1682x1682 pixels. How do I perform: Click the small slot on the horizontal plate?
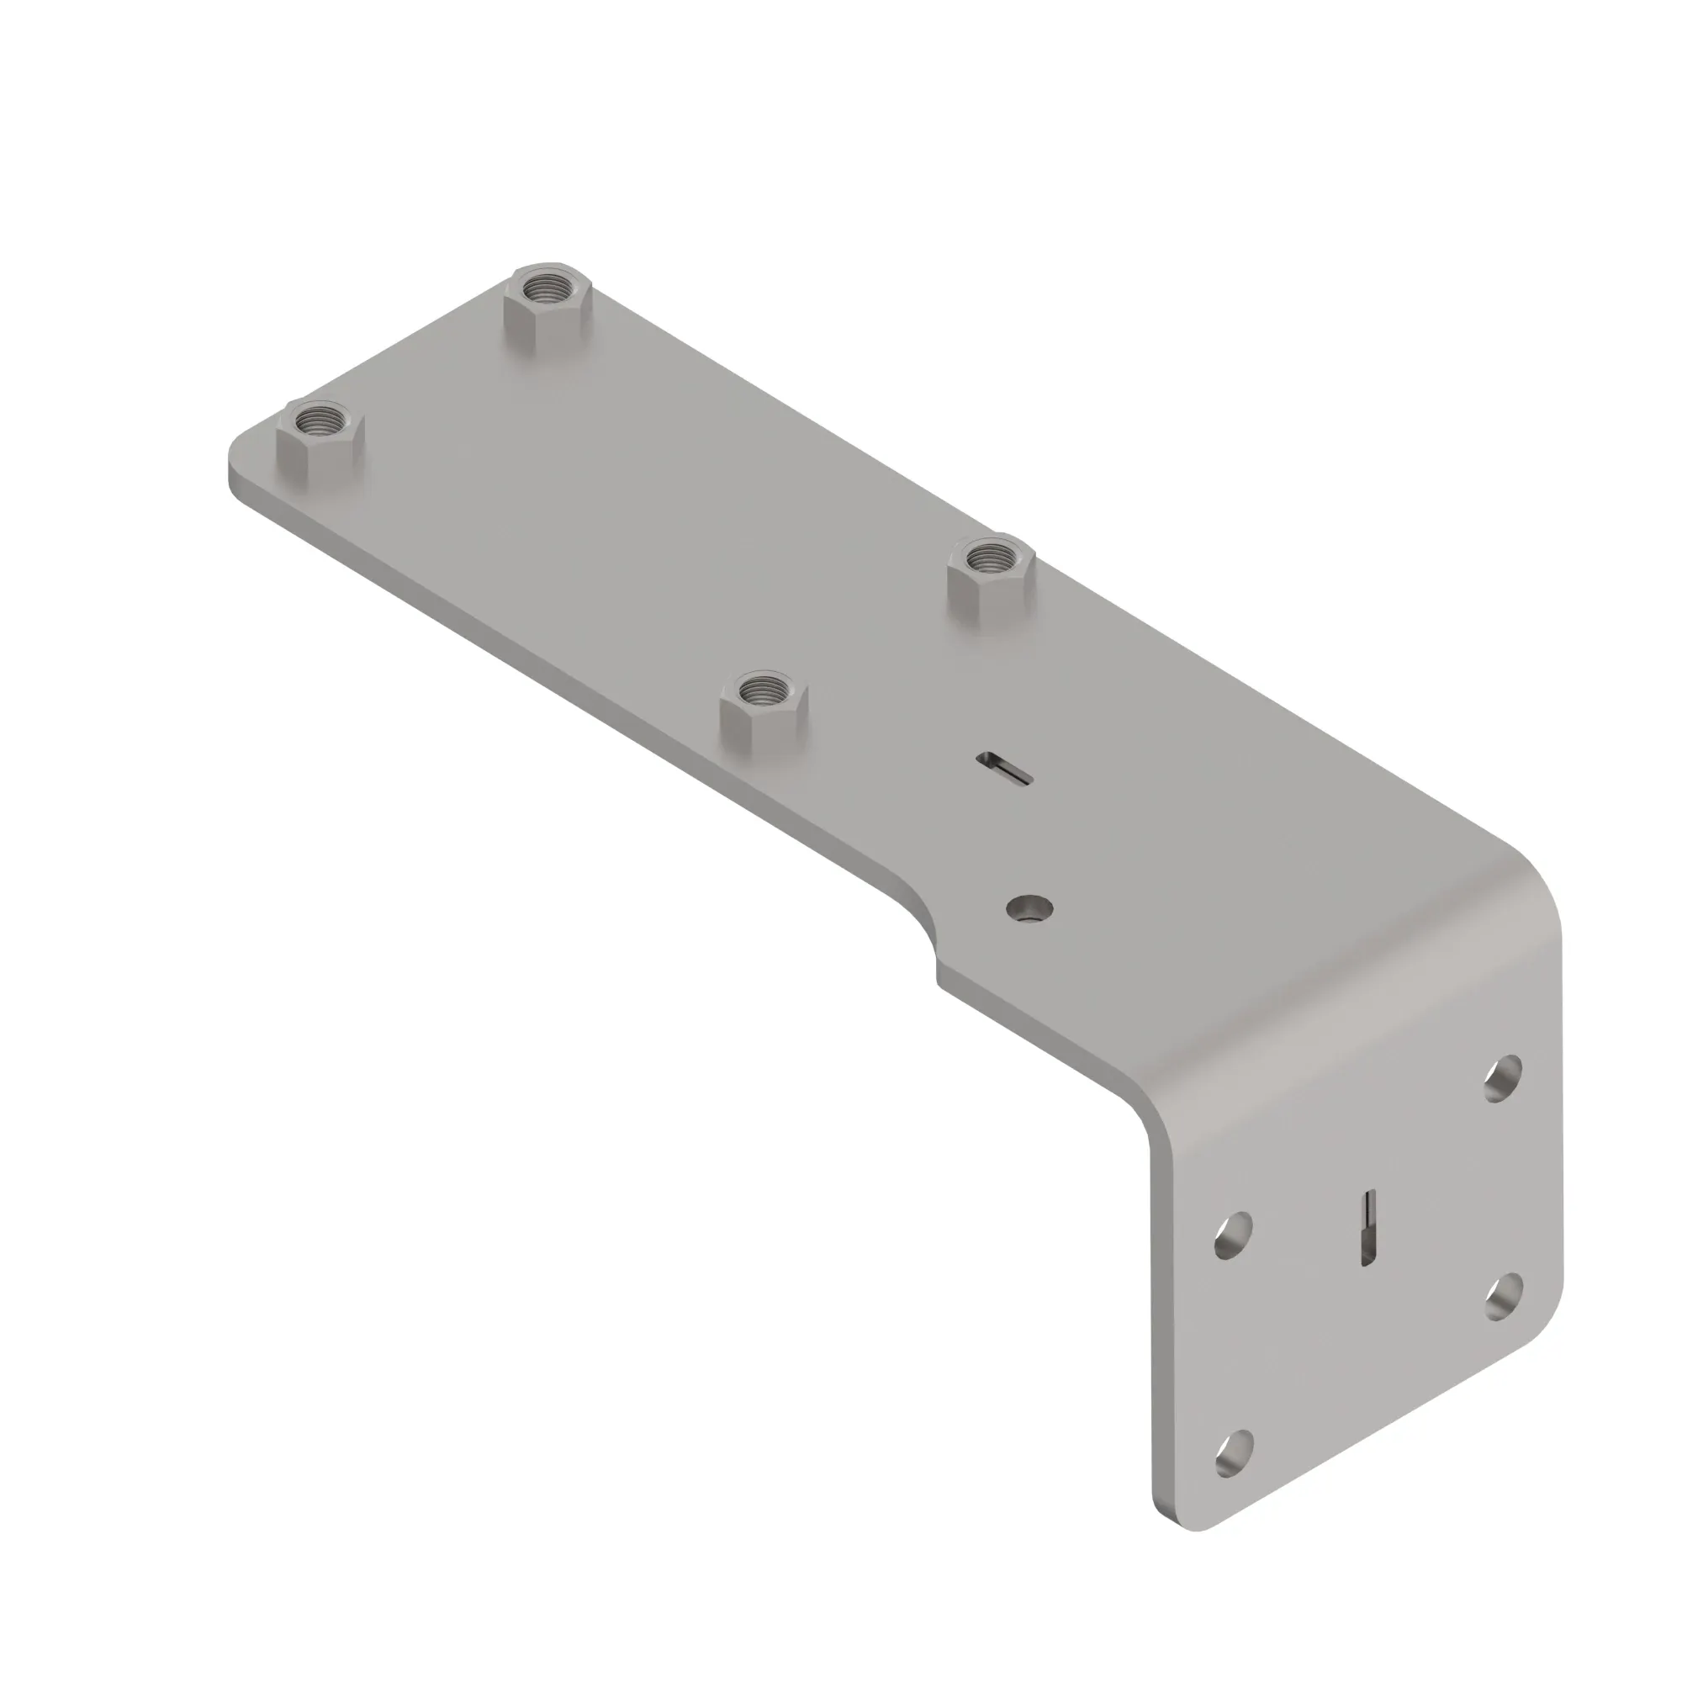click(1006, 768)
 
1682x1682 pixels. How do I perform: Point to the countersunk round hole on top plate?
click(1029, 909)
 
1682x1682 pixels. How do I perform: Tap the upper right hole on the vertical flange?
click(1503, 1081)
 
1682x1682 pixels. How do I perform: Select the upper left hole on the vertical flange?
click(1234, 1235)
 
